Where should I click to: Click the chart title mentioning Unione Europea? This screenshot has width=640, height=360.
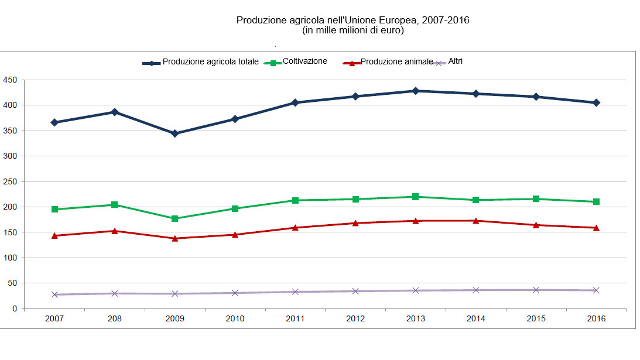(x=352, y=20)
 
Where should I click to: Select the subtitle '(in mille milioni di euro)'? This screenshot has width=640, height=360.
(x=352, y=31)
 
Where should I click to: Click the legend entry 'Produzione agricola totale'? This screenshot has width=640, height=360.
(x=210, y=61)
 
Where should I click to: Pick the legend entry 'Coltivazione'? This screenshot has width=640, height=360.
(x=304, y=61)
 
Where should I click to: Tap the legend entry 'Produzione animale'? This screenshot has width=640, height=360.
(x=396, y=61)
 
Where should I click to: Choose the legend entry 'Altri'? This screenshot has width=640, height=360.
(x=455, y=61)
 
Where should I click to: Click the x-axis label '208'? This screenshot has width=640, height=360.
(x=115, y=319)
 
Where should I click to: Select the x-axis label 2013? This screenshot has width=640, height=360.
(x=415, y=319)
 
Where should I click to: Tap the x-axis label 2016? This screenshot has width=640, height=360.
(x=596, y=319)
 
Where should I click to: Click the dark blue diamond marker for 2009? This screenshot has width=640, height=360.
(x=174, y=133)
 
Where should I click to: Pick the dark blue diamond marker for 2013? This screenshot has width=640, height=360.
(x=415, y=91)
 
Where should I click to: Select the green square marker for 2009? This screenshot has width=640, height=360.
(x=174, y=218)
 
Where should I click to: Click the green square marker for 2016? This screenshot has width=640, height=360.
(x=596, y=201)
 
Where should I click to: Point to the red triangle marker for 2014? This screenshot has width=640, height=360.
(x=475, y=221)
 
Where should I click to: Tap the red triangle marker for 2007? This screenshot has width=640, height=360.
(x=54, y=235)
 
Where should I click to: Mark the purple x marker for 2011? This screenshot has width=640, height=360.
(x=295, y=292)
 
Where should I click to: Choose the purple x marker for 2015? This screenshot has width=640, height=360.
(x=536, y=290)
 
